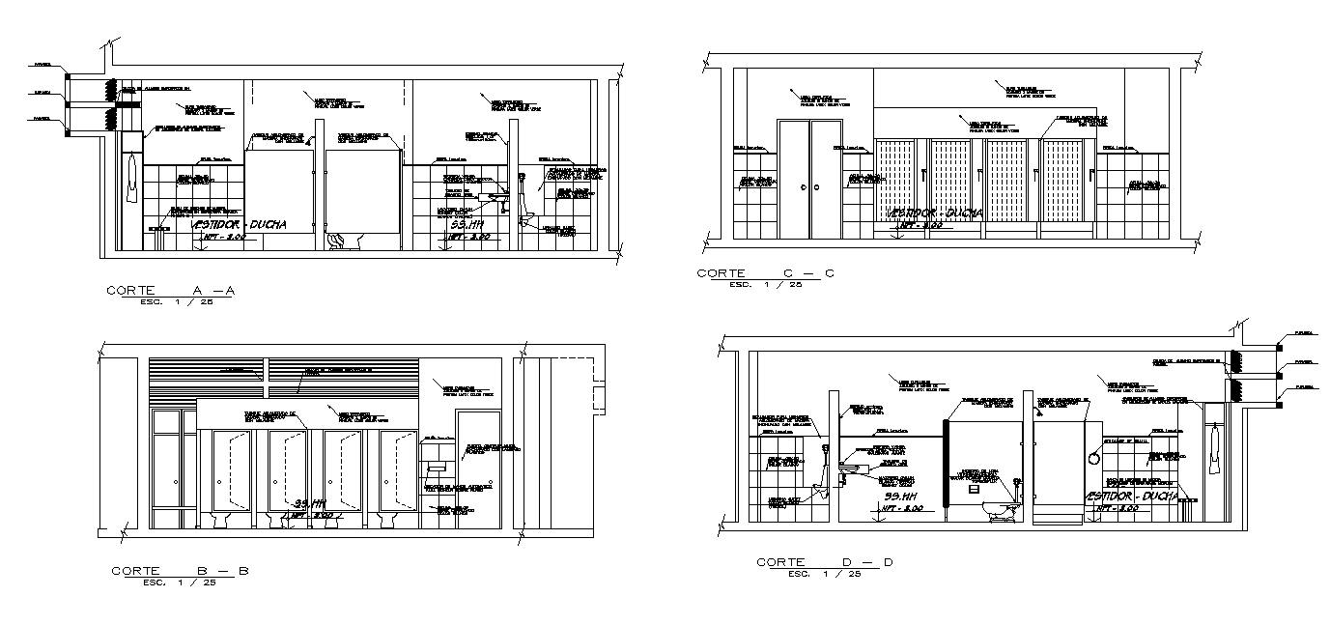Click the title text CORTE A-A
coord(171,290)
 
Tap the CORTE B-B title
coord(180,571)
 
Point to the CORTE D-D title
coord(825,561)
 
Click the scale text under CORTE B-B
coord(179,582)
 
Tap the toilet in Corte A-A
coord(343,240)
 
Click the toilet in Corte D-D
coord(1002,509)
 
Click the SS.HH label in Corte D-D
coord(900,496)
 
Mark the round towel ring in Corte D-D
coord(1094,458)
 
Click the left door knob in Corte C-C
coord(806,187)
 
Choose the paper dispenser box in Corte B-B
coord(436,466)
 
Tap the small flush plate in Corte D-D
coord(973,489)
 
